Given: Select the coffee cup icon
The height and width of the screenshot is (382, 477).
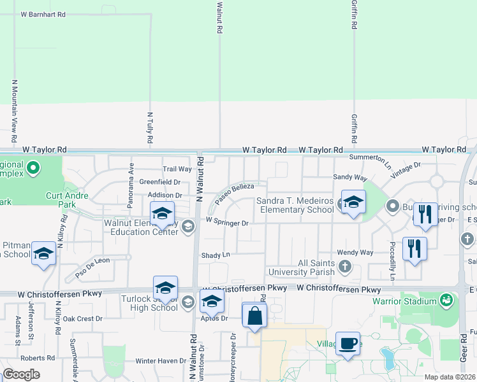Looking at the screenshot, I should pos(348,344).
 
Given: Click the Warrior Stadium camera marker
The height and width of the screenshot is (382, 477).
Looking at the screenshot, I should pos(446,299).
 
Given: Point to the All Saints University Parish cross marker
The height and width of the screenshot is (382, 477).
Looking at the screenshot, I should pos(345,266).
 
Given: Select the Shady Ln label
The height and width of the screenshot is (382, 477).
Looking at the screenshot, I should pos(216,255).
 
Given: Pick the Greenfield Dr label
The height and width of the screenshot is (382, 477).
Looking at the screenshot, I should pos(160,182).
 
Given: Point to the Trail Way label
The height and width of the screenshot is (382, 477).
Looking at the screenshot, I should pos(177,169).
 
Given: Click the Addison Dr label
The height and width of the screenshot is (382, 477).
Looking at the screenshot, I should pos(165,195).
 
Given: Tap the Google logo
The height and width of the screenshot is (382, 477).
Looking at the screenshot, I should pos(22,374).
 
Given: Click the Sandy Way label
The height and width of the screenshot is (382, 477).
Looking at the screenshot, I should pos(350,178).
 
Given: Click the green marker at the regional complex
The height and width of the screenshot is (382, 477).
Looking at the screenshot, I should pos(34,169).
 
